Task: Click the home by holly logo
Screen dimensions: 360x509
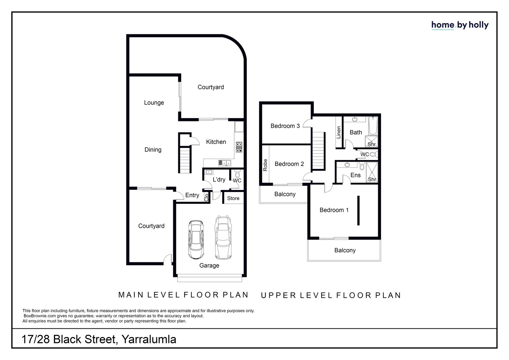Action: [x=460, y=25]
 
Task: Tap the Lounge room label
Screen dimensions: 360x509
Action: [x=154, y=103]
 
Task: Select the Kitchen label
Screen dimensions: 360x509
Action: [x=216, y=142]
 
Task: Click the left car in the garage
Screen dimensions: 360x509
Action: [x=196, y=239]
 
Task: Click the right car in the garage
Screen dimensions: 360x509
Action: [x=223, y=237]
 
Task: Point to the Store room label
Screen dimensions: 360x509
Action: [x=233, y=198]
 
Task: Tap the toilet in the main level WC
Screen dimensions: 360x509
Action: [x=237, y=174]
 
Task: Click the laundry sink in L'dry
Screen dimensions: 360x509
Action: [x=209, y=172]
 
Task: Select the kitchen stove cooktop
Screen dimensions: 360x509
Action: [x=239, y=147]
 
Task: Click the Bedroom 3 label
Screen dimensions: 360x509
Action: [x=285, y=126]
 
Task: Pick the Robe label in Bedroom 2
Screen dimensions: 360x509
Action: [x=265, y=165]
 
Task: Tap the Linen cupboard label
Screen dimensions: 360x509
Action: [x=339, y=132]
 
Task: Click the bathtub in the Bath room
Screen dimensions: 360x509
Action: [x=373, y=125]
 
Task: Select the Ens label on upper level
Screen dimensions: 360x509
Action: [x=355, y=175]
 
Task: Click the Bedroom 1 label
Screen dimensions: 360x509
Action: [x=334, y=210]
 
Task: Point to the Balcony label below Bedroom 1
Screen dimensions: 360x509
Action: [x=345, y=250]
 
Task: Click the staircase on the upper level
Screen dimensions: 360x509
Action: [x=318, y=151]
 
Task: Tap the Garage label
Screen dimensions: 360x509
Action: [x=209, y=266]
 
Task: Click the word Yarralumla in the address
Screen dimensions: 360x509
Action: [x=149, y=339]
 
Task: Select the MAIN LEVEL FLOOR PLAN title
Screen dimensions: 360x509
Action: [x=184, y=295]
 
